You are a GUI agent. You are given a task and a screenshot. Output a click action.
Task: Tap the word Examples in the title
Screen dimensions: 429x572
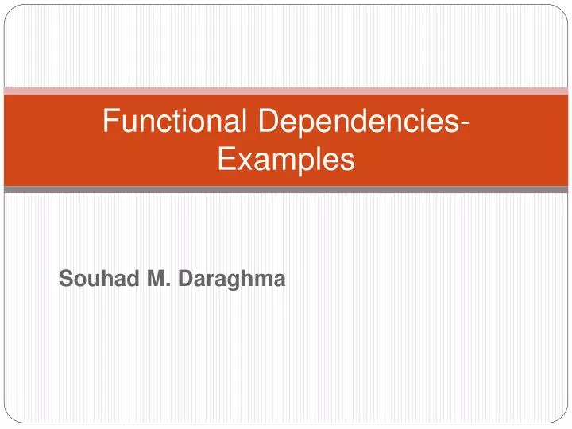click(285, 160)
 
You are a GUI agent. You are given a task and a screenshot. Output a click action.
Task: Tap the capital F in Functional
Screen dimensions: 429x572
click(112, 122)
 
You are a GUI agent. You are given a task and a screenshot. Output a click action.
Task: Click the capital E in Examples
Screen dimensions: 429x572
click(226, 160)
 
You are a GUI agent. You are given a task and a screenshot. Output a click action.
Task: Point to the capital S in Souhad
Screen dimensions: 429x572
click(66, 279)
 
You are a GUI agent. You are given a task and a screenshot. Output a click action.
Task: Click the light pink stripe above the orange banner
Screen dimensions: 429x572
click(286, 91)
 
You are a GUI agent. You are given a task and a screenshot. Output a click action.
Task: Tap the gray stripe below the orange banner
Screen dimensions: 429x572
click(286, 190)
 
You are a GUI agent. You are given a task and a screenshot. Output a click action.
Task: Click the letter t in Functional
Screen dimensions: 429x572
click(183, 122)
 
